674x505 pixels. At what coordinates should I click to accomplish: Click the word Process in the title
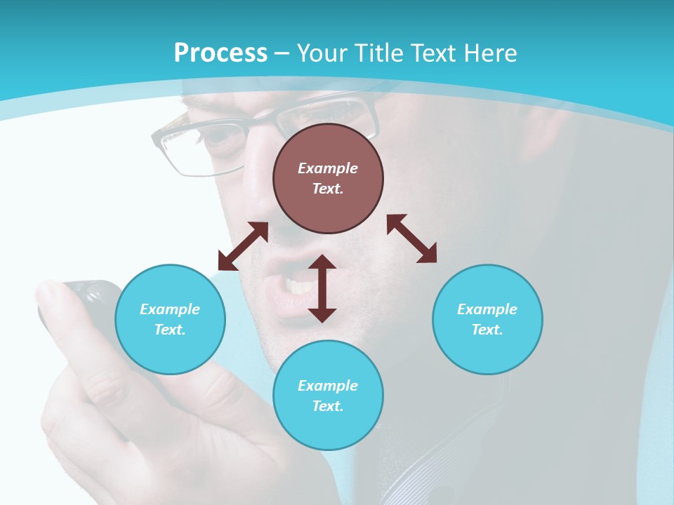tap(220, 53)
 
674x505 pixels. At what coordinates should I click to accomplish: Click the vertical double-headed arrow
tap(322, 288)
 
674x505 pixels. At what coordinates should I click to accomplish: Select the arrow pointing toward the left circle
tap(243, 246)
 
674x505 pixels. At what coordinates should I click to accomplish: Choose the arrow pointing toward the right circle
tap(412, 238)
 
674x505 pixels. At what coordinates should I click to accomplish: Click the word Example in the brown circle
tap(328, 168)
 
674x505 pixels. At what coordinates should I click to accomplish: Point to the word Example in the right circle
tap(487, 309)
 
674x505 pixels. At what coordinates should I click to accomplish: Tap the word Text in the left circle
tap(170, 330)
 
